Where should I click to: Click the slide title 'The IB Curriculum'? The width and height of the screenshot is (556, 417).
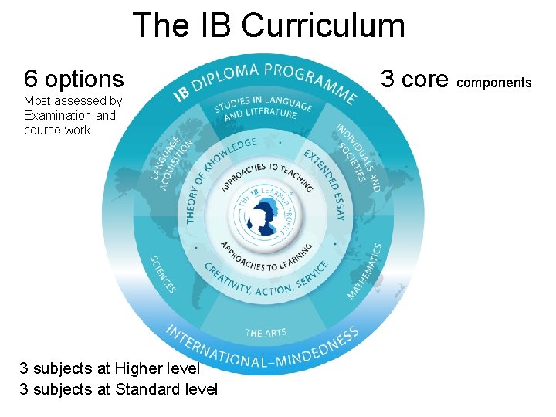(269, 25)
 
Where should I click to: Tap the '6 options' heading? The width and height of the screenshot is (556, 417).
(73, 78)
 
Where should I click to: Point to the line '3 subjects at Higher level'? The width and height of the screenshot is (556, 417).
(110, 368)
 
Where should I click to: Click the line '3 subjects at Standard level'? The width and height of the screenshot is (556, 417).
(118, 388)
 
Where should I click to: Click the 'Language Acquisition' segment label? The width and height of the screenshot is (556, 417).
(171, 162)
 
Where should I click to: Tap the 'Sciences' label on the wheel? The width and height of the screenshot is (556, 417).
(164, 274)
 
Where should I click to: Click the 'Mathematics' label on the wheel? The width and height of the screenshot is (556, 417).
(364, 271)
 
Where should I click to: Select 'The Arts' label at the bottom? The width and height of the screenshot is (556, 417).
(266, 333)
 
